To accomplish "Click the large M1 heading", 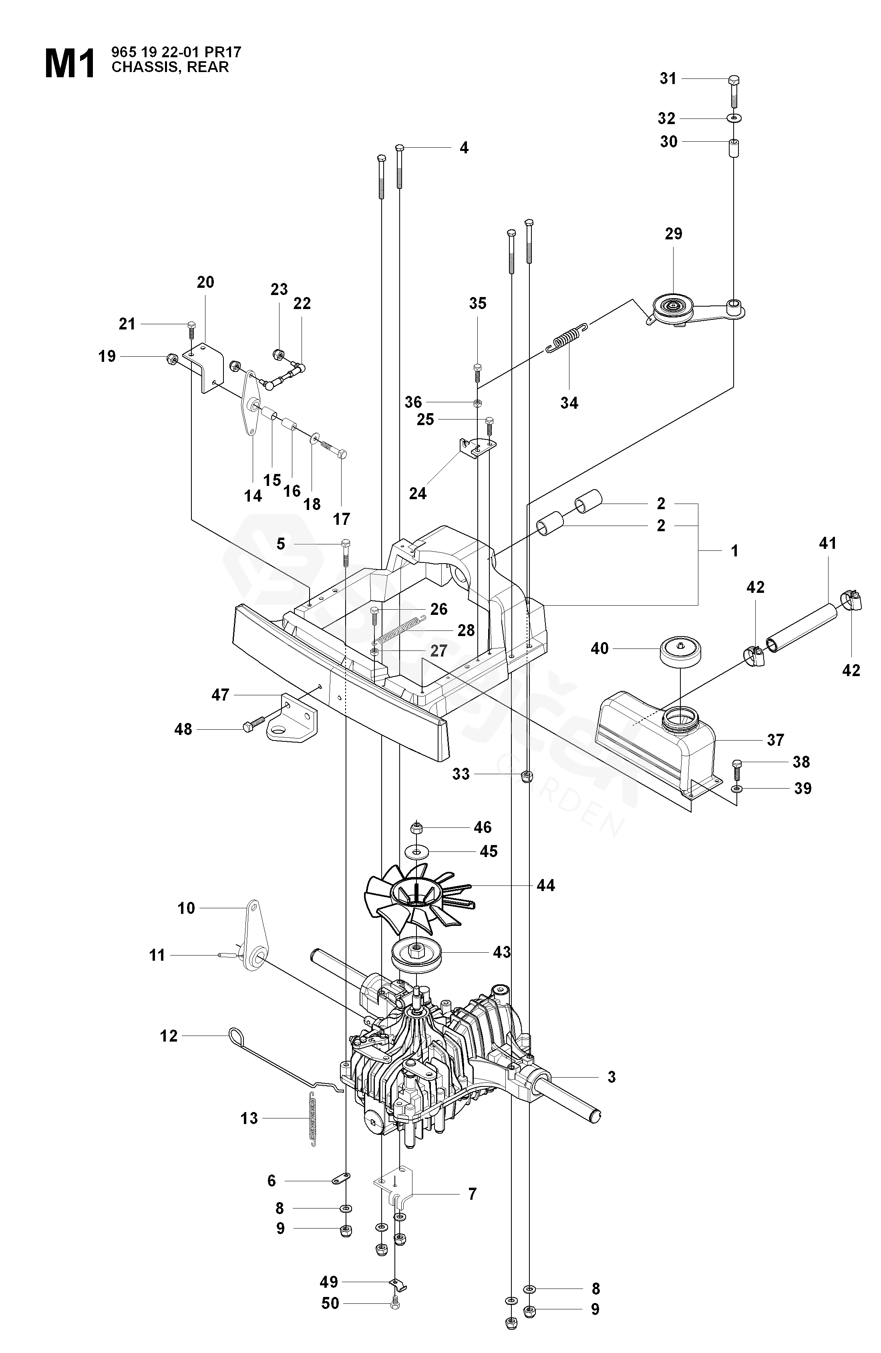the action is click(x=70, y=64).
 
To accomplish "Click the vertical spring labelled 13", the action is click(x=312, y=1120).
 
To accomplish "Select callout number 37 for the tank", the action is click(x=775, y=740).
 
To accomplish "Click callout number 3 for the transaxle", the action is click(x=611, y=1077).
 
